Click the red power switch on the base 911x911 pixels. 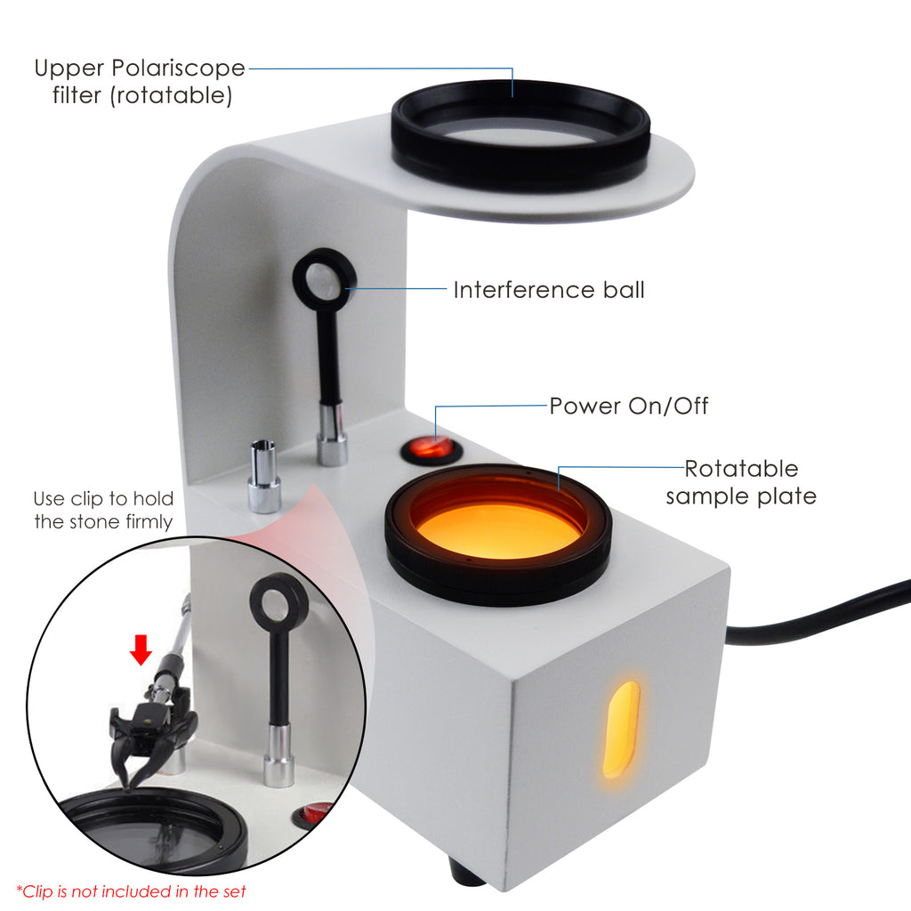click(430, 448)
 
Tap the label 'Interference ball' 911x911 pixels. click(549, 290)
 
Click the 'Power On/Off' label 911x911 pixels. click(629, 406)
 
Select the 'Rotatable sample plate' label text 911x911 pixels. click(741, 482)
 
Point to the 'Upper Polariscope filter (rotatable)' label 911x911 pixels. click(140, 82)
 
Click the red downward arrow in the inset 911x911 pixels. click(141, 649)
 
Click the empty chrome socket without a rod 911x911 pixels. click(264, 477)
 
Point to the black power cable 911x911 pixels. click(813, 616)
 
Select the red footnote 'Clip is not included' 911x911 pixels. click(132, 891)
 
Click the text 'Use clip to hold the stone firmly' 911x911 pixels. click(103, 510)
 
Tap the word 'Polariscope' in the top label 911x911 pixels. click(178, 69)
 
